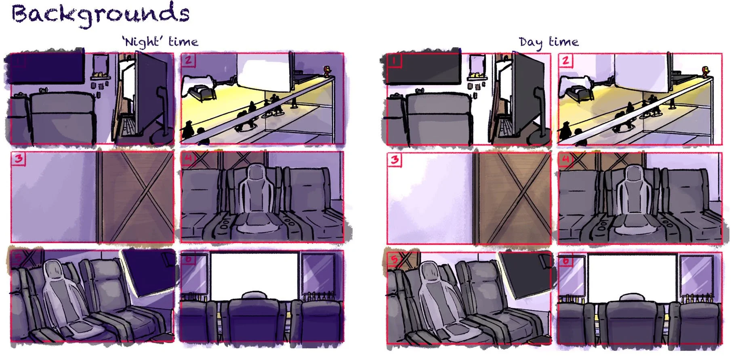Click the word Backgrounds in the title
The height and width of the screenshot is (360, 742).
pos(100,15)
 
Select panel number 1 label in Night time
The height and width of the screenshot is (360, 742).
pos(18,61)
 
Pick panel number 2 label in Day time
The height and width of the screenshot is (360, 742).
pos(565,61)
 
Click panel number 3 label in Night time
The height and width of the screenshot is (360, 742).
pos(19,158)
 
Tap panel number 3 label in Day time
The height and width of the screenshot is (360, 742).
pos(395,160)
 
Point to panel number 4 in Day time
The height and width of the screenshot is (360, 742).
pos(640,198)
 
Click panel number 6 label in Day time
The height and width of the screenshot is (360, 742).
pos(565,261)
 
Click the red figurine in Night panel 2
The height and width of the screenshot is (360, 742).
pos(327,71)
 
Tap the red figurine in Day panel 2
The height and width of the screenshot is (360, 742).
pos(706,72)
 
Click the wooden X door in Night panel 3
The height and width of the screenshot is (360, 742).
pos(135,197)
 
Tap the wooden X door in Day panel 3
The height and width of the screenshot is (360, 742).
pos(512,198)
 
